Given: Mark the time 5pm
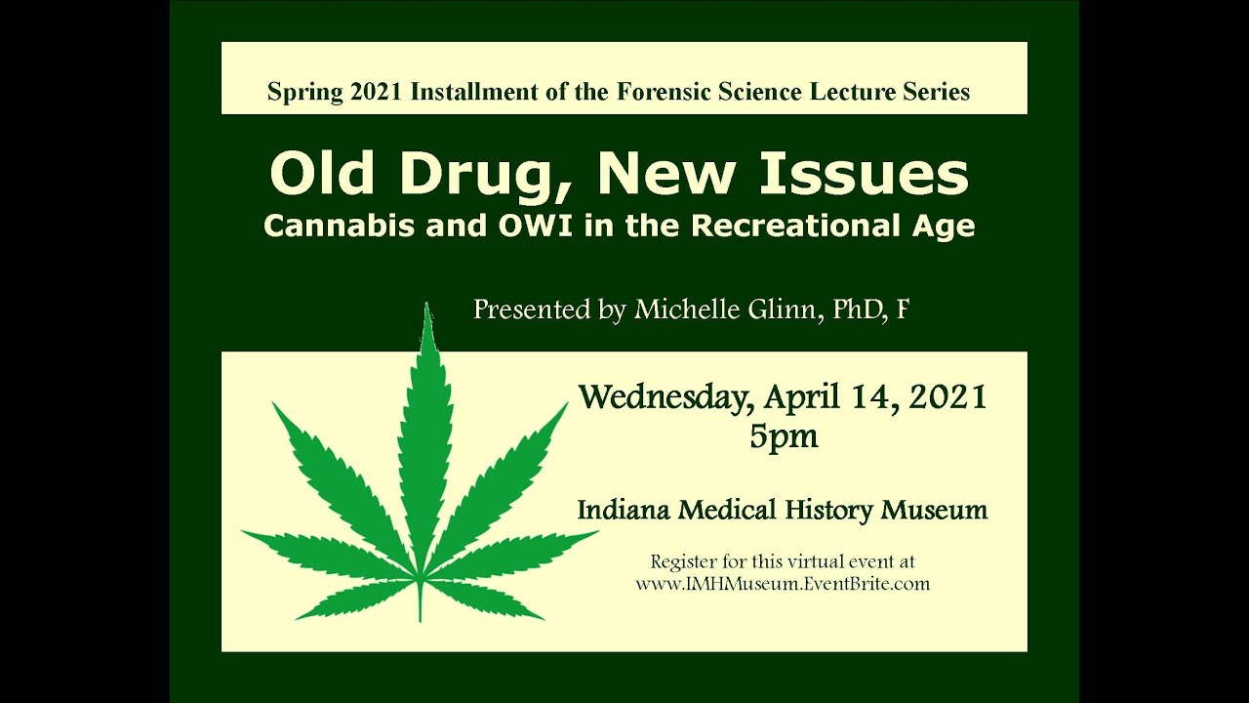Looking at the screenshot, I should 784,437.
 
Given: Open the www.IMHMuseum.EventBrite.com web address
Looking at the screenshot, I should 783,584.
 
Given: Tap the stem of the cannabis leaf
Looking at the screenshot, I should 421,600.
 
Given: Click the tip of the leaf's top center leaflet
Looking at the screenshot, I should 426,307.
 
